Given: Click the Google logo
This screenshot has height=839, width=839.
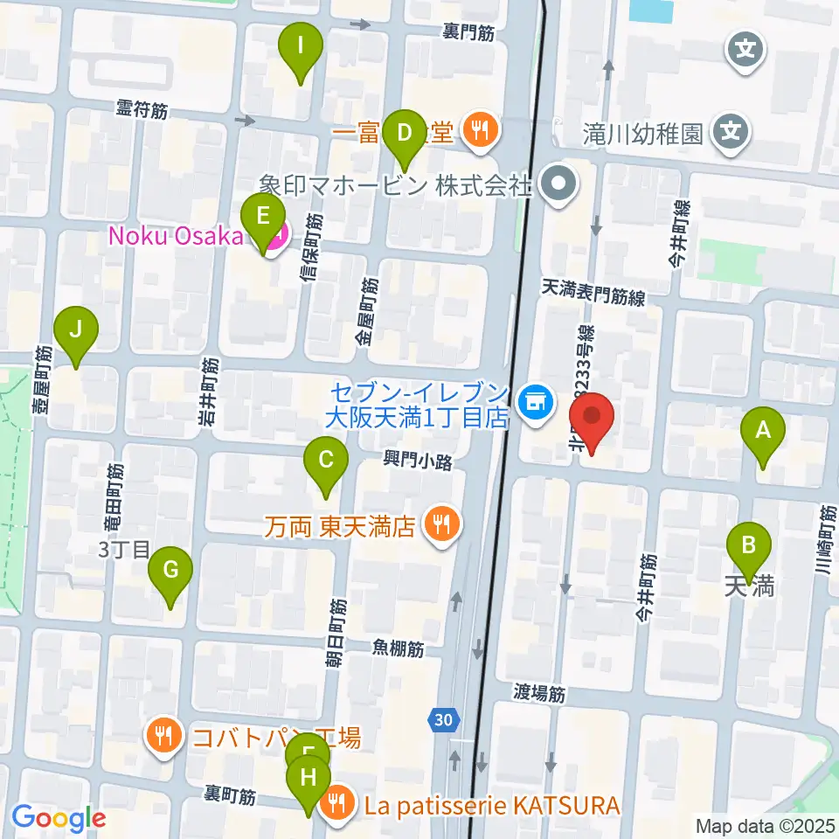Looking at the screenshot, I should click(59, 818).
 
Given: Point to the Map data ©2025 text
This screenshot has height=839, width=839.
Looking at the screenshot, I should click(765, 825).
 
